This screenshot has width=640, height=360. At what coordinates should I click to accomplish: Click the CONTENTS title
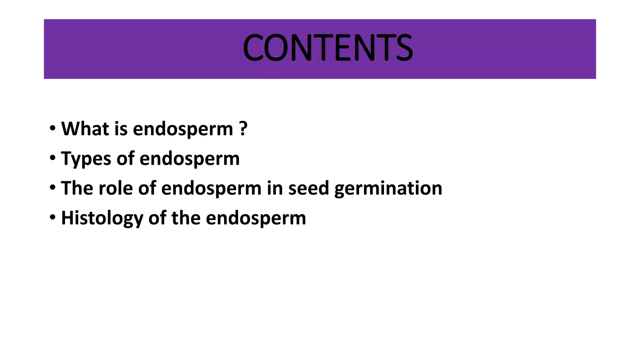coord(327,48)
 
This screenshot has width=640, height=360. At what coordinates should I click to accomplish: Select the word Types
coord(86,159)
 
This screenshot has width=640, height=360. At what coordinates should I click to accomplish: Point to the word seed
coord(308,188)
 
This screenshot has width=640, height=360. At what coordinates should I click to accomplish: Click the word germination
coord(388,189)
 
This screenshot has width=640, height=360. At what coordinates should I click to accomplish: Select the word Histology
coord(102,218)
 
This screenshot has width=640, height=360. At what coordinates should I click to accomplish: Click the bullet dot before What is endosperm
coord(52,128)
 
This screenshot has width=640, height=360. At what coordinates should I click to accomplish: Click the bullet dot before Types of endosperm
coord(52,157)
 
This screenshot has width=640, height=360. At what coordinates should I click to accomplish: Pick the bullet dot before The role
coord(52,187)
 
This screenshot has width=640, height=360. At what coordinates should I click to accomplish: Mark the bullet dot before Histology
coord(52,217)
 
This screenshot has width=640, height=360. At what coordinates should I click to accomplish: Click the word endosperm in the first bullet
coord(183,129)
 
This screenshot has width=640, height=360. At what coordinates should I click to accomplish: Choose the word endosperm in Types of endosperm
coord(189,159)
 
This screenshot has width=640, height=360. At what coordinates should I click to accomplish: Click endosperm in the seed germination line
coord(211,188)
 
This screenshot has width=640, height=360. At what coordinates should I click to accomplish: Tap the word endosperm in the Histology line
coord(256,218)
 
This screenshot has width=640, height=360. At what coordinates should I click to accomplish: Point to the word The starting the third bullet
coord(77,188)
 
